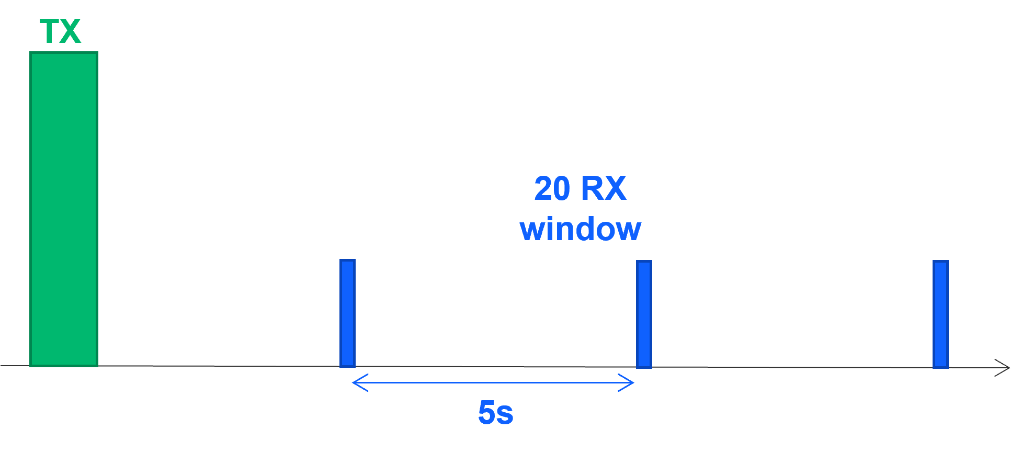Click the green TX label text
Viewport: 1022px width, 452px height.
[x=60, y=31]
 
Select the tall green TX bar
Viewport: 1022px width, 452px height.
[x=64, y=209]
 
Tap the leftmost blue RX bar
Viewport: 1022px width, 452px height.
[x=347, y=313]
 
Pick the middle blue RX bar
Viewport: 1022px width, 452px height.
[x=644, y=314]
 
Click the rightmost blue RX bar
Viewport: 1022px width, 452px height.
[x=940, y=314]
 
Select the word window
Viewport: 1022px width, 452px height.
[x=580, y=229]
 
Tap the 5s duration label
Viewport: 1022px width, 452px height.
[x=495, y=412]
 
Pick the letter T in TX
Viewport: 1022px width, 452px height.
[x=50, y=31]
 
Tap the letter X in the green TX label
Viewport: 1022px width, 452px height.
[x=71, y=31]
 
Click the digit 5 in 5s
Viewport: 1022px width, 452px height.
[x=486, y=412]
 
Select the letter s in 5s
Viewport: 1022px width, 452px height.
[x=505, y=414]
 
